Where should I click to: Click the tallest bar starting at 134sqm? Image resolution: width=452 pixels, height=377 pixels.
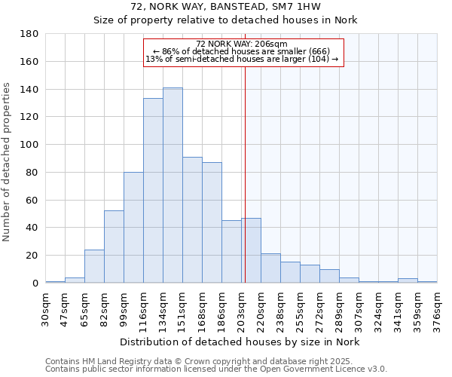tap(173, 185)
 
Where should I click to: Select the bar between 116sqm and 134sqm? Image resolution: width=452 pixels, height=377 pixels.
tap(153, 191)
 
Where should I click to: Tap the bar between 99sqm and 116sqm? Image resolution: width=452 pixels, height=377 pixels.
tap(133, 228)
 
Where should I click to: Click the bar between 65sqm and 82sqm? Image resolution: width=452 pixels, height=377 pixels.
tap(94, 266)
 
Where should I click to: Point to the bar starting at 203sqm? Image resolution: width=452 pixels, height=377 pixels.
tap(251, 250)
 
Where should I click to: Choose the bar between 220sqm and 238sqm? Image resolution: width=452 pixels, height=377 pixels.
tap(270, 268)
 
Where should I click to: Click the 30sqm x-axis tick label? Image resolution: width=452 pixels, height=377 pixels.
tap(46, 308)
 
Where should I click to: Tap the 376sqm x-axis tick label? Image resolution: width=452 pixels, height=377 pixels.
tap(438, 308)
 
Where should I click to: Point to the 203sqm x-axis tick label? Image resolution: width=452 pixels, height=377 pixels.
tap(242, 308)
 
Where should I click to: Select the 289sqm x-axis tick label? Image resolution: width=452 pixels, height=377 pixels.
tap(340, 308)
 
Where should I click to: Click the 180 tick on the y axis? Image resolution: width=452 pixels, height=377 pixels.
tap(29, 34)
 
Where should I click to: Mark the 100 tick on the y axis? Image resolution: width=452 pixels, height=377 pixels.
tap(29, 145)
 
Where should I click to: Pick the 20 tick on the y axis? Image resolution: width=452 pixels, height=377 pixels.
tap(32, 256)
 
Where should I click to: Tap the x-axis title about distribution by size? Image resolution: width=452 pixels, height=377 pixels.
tap(240, 342)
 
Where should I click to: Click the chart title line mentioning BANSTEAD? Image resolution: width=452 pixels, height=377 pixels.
tap(225, 6)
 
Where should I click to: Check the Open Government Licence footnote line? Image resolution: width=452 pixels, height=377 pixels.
tap(216, 369)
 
